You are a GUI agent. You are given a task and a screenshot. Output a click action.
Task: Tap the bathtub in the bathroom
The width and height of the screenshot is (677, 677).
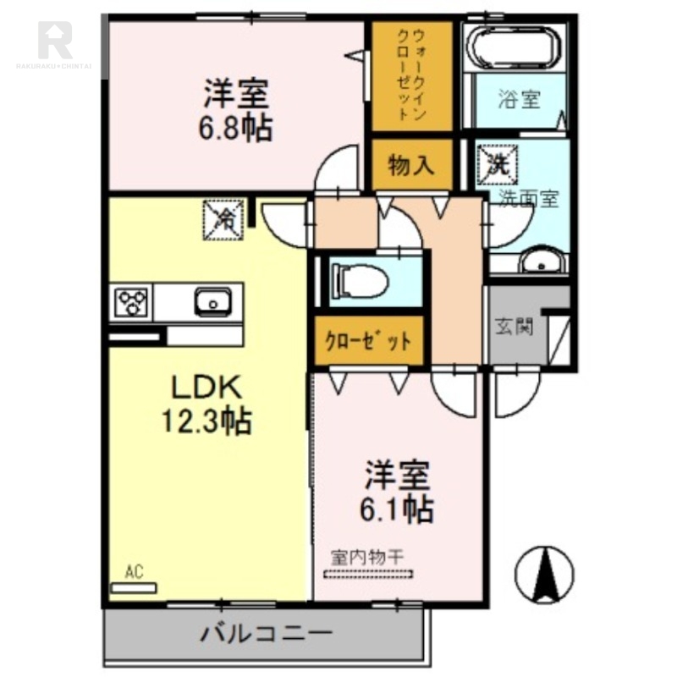tap(515, 48)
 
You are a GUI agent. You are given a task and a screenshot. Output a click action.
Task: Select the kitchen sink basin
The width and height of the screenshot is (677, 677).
tap(212, 300)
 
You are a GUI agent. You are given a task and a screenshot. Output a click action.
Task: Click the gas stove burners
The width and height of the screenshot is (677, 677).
tap(132, 301)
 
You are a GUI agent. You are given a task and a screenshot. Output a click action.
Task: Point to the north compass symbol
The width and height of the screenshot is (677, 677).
tap(545, 573)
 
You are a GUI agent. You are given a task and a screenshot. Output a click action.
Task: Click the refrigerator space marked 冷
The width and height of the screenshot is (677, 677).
tap(224, 218)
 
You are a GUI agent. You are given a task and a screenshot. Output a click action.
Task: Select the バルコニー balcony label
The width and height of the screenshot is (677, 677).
tap(266, 632)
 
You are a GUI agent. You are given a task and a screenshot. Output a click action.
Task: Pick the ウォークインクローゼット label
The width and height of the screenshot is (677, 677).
tap(412, 75)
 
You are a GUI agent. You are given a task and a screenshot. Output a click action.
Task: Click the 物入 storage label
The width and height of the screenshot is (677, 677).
tap(411, 165)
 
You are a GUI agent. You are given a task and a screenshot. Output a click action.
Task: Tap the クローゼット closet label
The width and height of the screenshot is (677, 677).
tap(369, 341)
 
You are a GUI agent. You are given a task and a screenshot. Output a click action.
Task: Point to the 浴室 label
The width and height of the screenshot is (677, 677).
tap(519, 99)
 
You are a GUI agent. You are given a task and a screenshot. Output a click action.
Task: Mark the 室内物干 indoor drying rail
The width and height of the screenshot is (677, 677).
tap(368, 574)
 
